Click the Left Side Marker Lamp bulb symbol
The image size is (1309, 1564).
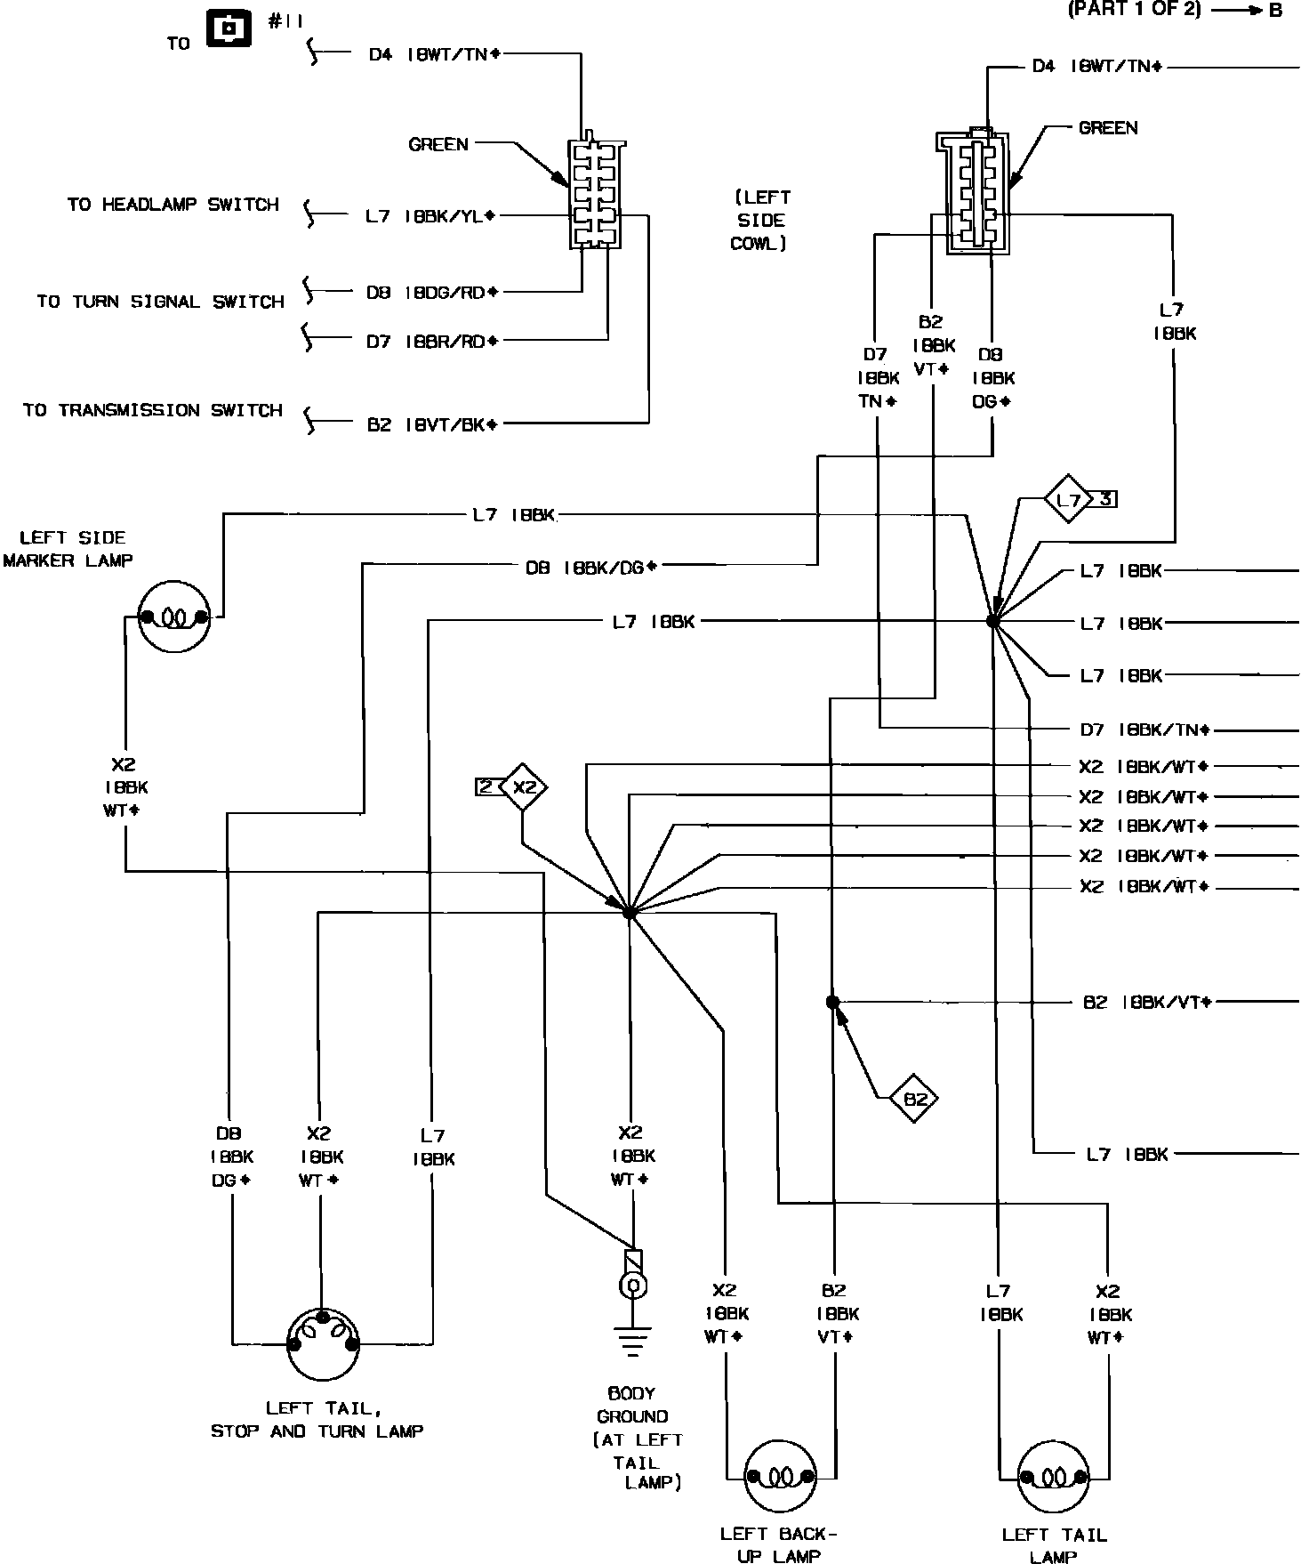[174, 617]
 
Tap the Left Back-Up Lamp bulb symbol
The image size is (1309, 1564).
[780, 1478]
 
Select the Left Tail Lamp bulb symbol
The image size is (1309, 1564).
[1054, 1479]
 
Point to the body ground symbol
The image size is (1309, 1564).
[632, 1339]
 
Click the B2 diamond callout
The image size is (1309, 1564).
[914, 1100]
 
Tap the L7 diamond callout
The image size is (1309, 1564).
[1068, 500]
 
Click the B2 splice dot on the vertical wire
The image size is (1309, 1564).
[832, 1003]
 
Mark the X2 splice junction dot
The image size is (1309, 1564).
[629, 913]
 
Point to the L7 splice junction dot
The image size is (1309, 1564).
[993, 622]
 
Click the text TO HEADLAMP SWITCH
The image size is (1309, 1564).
[173, 205]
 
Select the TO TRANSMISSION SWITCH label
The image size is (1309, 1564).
[153, 411]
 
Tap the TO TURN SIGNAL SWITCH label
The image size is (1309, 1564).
[160, 302]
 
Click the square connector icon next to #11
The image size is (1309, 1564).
[230, 28]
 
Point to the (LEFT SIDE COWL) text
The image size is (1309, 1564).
[761, 221]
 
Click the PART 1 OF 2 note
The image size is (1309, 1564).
[1135, 10]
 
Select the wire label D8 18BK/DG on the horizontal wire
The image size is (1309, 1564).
[590, 567]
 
